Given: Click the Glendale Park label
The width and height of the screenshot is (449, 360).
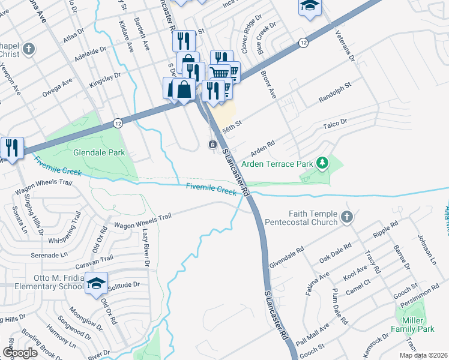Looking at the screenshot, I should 99,152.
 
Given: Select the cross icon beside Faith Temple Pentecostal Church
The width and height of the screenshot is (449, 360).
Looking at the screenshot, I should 346,217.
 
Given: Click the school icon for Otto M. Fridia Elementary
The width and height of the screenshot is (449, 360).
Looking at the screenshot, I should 95,284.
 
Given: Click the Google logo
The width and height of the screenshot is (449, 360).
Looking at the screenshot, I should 20,353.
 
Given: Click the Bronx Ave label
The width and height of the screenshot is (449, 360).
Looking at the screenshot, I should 268,85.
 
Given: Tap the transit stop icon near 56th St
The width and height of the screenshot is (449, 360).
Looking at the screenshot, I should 212,145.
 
